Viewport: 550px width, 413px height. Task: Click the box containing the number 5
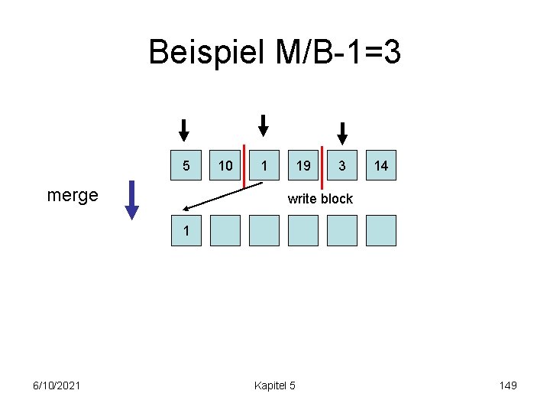click(186, 165)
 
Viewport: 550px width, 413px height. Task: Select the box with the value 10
click(225, 165)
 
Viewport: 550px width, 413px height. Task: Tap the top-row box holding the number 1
click(264, 165)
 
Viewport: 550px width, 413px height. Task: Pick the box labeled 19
click(303, 165)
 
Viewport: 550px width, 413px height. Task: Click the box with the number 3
click(342, 165)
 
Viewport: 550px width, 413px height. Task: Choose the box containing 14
click(381, 165)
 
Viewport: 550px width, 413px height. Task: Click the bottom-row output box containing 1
click(186, 230)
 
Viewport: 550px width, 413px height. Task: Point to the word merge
click(73, 195)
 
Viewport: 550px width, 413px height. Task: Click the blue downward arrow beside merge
click(132, 200)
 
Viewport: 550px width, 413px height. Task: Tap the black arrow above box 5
click(184, 130)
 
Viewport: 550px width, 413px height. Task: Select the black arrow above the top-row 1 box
click(263, 125)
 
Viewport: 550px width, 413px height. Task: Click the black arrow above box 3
click(342, 133)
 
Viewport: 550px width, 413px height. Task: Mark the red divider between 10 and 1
click(244, 166)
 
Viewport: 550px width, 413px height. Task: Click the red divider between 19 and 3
click(322, 166)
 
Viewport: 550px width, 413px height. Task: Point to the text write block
click(320, 199)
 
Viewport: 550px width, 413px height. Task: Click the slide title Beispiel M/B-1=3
click(274, 53)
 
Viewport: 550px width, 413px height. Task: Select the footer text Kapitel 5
click(274, 385)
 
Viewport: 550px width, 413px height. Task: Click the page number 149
click(507, 385)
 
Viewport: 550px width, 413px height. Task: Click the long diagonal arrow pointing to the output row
click(222, 196)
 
